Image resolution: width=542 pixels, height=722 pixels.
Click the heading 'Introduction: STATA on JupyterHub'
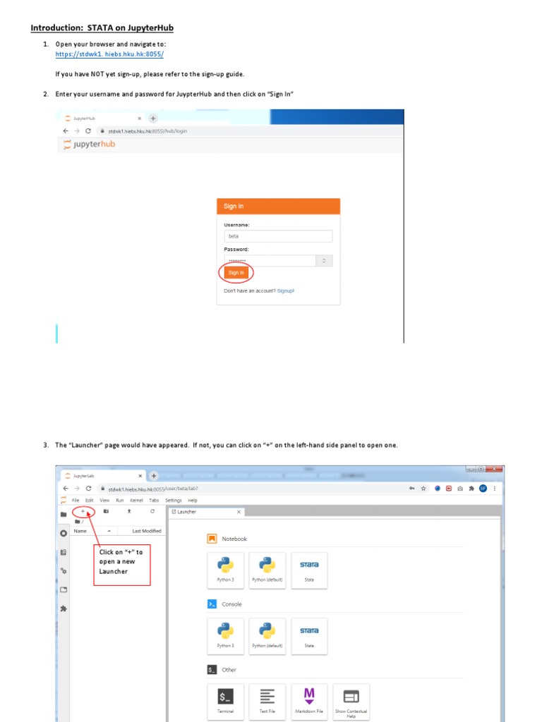[102, 28]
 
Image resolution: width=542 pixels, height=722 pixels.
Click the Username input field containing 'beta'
[278, 236]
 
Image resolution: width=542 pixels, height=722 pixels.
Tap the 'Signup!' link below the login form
[286, 290]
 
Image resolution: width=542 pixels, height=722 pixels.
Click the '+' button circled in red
[83, 510]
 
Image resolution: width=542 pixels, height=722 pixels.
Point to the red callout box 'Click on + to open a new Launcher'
[124, 562]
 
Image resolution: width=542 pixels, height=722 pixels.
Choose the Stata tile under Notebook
[309, 570]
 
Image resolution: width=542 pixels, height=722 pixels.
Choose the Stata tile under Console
[309, 635]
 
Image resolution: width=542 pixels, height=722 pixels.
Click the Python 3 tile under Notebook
[226, 570]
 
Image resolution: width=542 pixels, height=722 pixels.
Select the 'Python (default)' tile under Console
[267, 635]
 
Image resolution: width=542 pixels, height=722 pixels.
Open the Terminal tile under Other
[226, 701]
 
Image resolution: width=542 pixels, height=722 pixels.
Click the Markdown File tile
[309, 701]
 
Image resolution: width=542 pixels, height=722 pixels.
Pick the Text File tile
[267, 701]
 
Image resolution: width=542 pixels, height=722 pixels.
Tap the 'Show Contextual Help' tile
[351, 701]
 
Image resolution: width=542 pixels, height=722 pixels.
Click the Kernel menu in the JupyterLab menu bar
[136, 500]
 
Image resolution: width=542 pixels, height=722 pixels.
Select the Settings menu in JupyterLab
[174, 500]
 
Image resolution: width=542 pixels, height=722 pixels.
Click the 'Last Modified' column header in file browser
[146, 531]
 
